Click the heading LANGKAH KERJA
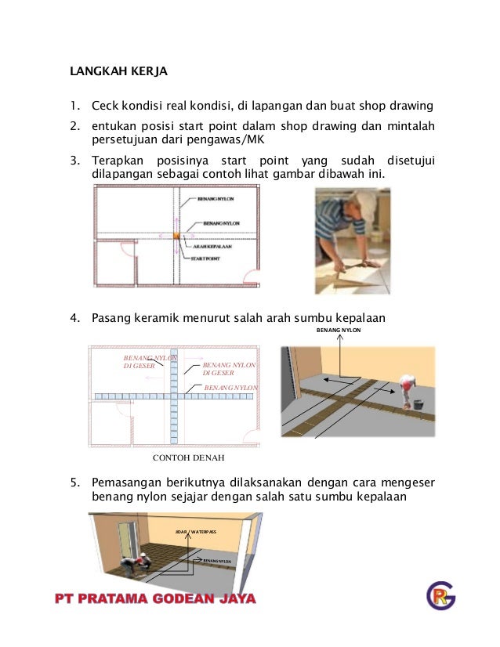(119, 72)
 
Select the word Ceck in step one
(106, 106)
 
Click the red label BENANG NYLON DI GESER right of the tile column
(230, 368)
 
